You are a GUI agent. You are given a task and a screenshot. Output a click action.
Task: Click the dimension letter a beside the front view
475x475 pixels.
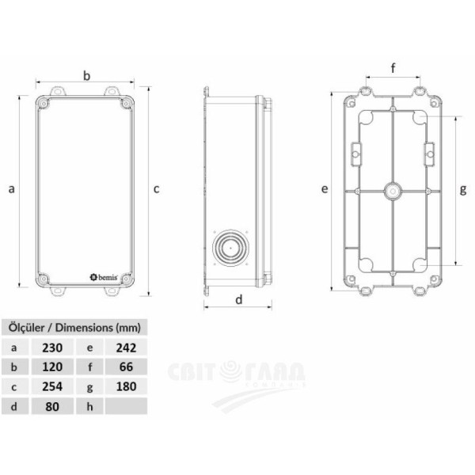pos(11,188)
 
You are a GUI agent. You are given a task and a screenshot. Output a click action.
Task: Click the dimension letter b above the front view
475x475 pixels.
pos(86,75)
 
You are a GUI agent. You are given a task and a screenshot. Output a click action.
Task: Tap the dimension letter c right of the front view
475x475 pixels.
pos(157,188)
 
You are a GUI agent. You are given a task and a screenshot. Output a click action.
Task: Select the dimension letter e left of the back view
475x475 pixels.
pos(325,189)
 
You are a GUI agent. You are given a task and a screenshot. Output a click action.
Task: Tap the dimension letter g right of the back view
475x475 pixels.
pos(463,189)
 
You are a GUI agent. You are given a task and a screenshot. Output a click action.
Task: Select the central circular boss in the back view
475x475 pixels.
pos(393,191)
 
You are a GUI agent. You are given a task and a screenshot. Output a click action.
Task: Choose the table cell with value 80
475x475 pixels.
pos(51,407)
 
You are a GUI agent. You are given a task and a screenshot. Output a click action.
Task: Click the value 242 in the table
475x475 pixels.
pos(126,348)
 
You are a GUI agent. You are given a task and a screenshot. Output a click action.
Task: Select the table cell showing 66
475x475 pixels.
pos(126,367)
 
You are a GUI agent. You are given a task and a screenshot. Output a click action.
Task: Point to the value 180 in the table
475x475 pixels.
pos(126,387)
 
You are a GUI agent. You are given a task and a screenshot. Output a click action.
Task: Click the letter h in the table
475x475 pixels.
pos(89,407)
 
